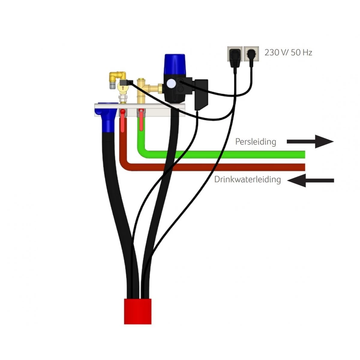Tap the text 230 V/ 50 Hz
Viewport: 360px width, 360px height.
[288, 52]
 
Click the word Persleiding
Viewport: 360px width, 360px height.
[256, 142]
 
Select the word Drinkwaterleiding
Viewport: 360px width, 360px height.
[247, 179]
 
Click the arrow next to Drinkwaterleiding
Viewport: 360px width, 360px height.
[311, 180]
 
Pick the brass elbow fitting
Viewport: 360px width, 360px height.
[117, 75]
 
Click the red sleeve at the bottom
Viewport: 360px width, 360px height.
[138, 311]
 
